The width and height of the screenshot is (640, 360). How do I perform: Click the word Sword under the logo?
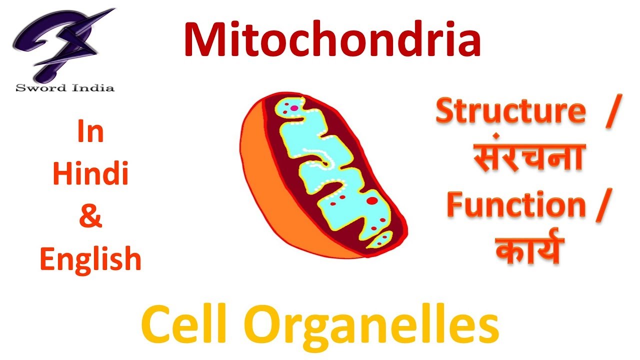tap(41, 88)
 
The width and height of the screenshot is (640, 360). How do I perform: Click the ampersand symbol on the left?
tap(90, 217)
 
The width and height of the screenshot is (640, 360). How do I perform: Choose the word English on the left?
tap(90, 259)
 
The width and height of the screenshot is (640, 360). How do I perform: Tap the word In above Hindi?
tap(90, 132)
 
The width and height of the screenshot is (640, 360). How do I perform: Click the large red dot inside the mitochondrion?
tap(372, 201)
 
